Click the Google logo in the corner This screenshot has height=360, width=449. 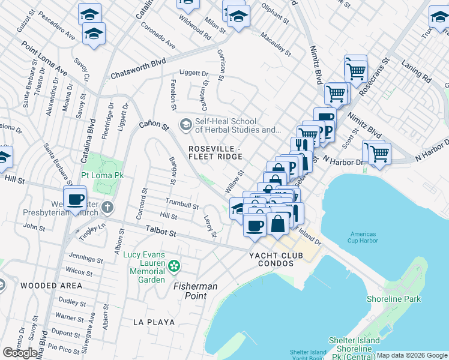click(20, 353)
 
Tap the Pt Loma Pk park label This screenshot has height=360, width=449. click(102, 176)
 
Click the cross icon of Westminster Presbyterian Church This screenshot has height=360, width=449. click(107, 208)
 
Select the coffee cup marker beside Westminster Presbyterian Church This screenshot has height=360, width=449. click(75, 199)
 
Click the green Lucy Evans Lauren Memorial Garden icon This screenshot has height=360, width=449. click(173, 265)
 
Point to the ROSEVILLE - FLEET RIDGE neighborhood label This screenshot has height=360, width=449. click(215, 152)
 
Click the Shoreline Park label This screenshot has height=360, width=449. click(394, 299)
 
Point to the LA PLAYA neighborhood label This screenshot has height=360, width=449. click(154, 322)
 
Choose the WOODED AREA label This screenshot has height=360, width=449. click(51, 286)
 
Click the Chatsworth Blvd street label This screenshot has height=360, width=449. click(137, 70)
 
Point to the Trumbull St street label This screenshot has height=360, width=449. click(182, 204)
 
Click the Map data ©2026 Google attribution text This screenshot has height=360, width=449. click(412, 355)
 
